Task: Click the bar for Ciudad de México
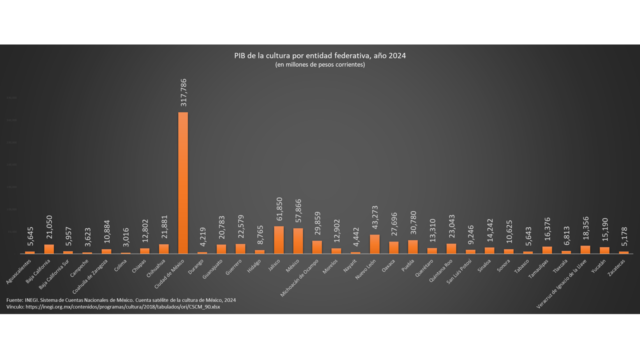[183, 183]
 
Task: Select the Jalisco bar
[279, 240]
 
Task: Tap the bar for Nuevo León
[374, 244]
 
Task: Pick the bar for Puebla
[413, 247]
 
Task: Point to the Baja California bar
[49, 249]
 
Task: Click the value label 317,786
[183, 92]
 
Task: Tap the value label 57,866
[298, 212]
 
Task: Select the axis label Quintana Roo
[440, 269]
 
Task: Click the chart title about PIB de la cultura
[320, 55]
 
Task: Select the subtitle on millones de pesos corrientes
[320, 65]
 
